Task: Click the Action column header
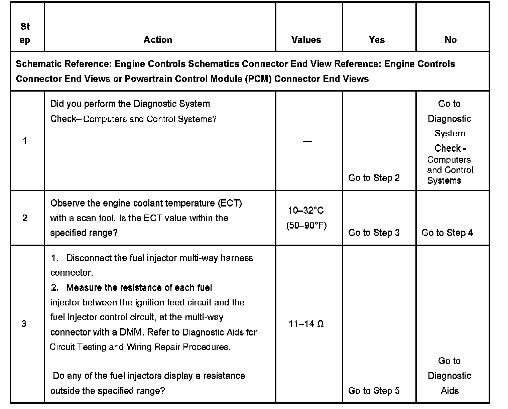click(x=158, y=40)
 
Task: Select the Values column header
click(x=306, y=40)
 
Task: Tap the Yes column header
click(x=377, y=40)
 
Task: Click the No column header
click(x=451, y=40)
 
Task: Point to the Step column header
click(x=25, y=33)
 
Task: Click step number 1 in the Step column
click(x=25, y=141)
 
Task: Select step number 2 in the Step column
click(x=25, y=218)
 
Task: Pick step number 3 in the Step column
click(x=24, y=323)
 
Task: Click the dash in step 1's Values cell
click(x=307, y=142)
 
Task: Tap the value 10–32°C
click(x=306, y=211)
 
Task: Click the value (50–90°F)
click(x=306, y=226)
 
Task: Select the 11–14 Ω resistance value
click(x=306, y=324)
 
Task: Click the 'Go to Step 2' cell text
click(x=374, y=178)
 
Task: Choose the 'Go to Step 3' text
click(x=374, y=233)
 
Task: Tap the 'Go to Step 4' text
click(x=447, y=233)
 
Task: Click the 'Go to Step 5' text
click(x=374, y=390)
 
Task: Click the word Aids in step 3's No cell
click(x=450, y=390)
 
